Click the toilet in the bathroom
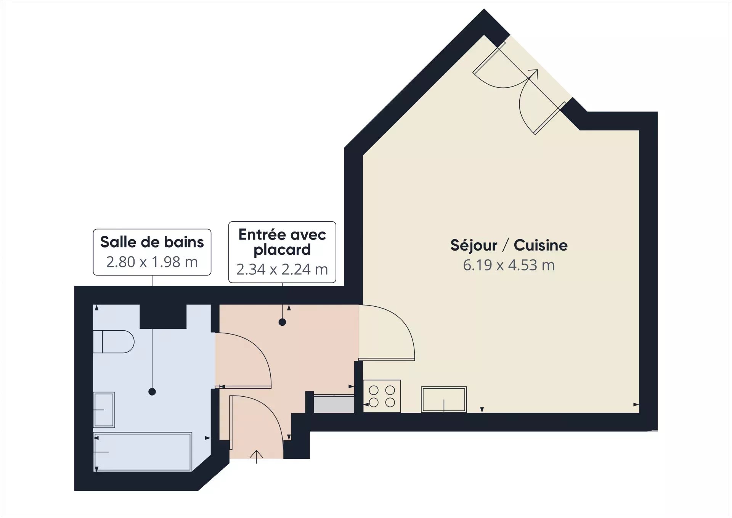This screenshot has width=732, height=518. [x=114, y=341]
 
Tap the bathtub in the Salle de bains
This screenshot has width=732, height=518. [x=143, y=452]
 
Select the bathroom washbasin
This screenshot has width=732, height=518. [x=104, y=410]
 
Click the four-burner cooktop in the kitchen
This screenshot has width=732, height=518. [x=382, y=396]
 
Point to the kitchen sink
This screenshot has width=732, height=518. [x=444, y=399]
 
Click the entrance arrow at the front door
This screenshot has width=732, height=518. [x=257, y=457]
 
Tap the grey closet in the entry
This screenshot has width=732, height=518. [x=334, y=404]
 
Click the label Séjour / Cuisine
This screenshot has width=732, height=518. [x=509, y=245]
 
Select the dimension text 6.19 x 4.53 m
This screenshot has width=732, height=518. [x=509, y=265]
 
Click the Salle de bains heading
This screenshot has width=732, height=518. [x=152, y=242]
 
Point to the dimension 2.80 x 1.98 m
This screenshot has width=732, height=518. [x=152, y=262]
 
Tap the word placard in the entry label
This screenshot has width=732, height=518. [x=282, y=250]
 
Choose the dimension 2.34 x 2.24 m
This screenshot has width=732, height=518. [x=282, y=269]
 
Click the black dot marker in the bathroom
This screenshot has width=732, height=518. [x=152, y=392]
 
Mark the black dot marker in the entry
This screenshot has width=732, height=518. [x=282, y=322]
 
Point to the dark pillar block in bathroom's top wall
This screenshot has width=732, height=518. [x=163, y=316]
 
